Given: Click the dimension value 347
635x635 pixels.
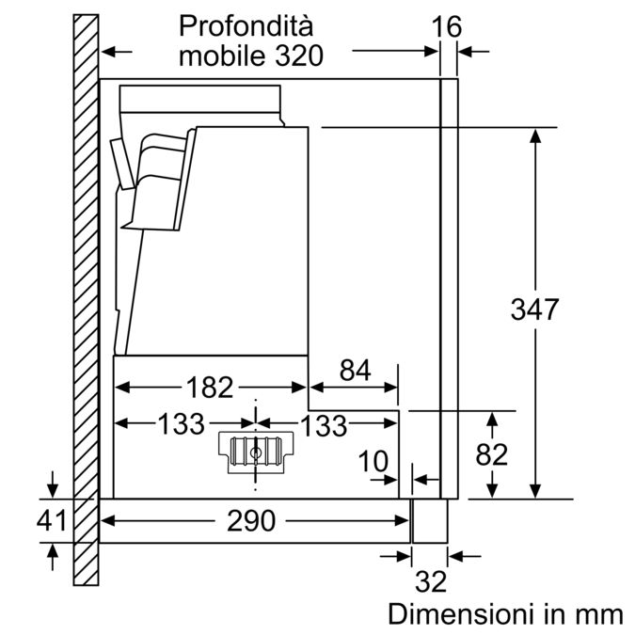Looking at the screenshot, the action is (x=534, y=310).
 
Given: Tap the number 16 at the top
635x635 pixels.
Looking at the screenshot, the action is (x=446, y=27).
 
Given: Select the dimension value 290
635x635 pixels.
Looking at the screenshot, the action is (x=251, y=520).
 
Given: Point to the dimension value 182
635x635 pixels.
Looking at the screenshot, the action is (x=210, y=388).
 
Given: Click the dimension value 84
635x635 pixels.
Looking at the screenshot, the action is (x=356, y=370).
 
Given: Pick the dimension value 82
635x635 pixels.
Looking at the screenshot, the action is (x=492, y=454).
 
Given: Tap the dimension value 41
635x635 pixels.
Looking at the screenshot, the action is (x=52, y=520).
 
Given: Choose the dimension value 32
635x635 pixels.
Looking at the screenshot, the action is (x=431, y=581).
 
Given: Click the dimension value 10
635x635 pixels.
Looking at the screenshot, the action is (x=373, y=461).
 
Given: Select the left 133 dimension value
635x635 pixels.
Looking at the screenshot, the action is (x=181, y=423).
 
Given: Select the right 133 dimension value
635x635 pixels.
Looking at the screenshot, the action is (x=324, y=425).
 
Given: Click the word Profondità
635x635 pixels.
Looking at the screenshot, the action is (x=246, y=26).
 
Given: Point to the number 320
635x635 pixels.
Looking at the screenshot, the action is (x=300, y=56).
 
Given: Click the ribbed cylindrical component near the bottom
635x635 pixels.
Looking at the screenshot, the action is (x=256, y=452).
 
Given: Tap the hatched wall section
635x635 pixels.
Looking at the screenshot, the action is (x=86, y=300).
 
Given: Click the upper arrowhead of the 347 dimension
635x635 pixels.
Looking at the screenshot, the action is (x=535, y=135).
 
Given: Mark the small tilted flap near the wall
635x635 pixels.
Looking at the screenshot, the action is (x=122, y=164).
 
